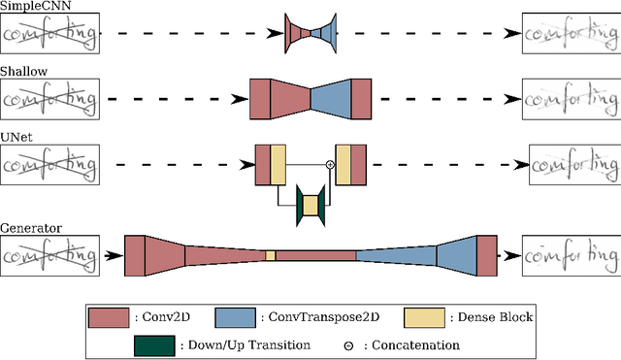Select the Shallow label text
pyautogui.click(x=23, y=72)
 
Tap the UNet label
pyautogui.click(x=17, y=137)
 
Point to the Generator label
pyautogui.click(x=31, y=228)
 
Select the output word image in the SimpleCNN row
pyautogui.click(x=569, y=35)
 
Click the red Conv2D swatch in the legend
pyautogui.click(x=108, y=289)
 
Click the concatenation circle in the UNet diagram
pyautogui.click(x=330, y=165)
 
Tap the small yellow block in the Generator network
pyautogui.click(x=271, y=255)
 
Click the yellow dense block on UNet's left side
pyautogui.click(x=278, y=164)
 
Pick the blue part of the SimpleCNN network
pyautogui.click(x=325, y=34)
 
